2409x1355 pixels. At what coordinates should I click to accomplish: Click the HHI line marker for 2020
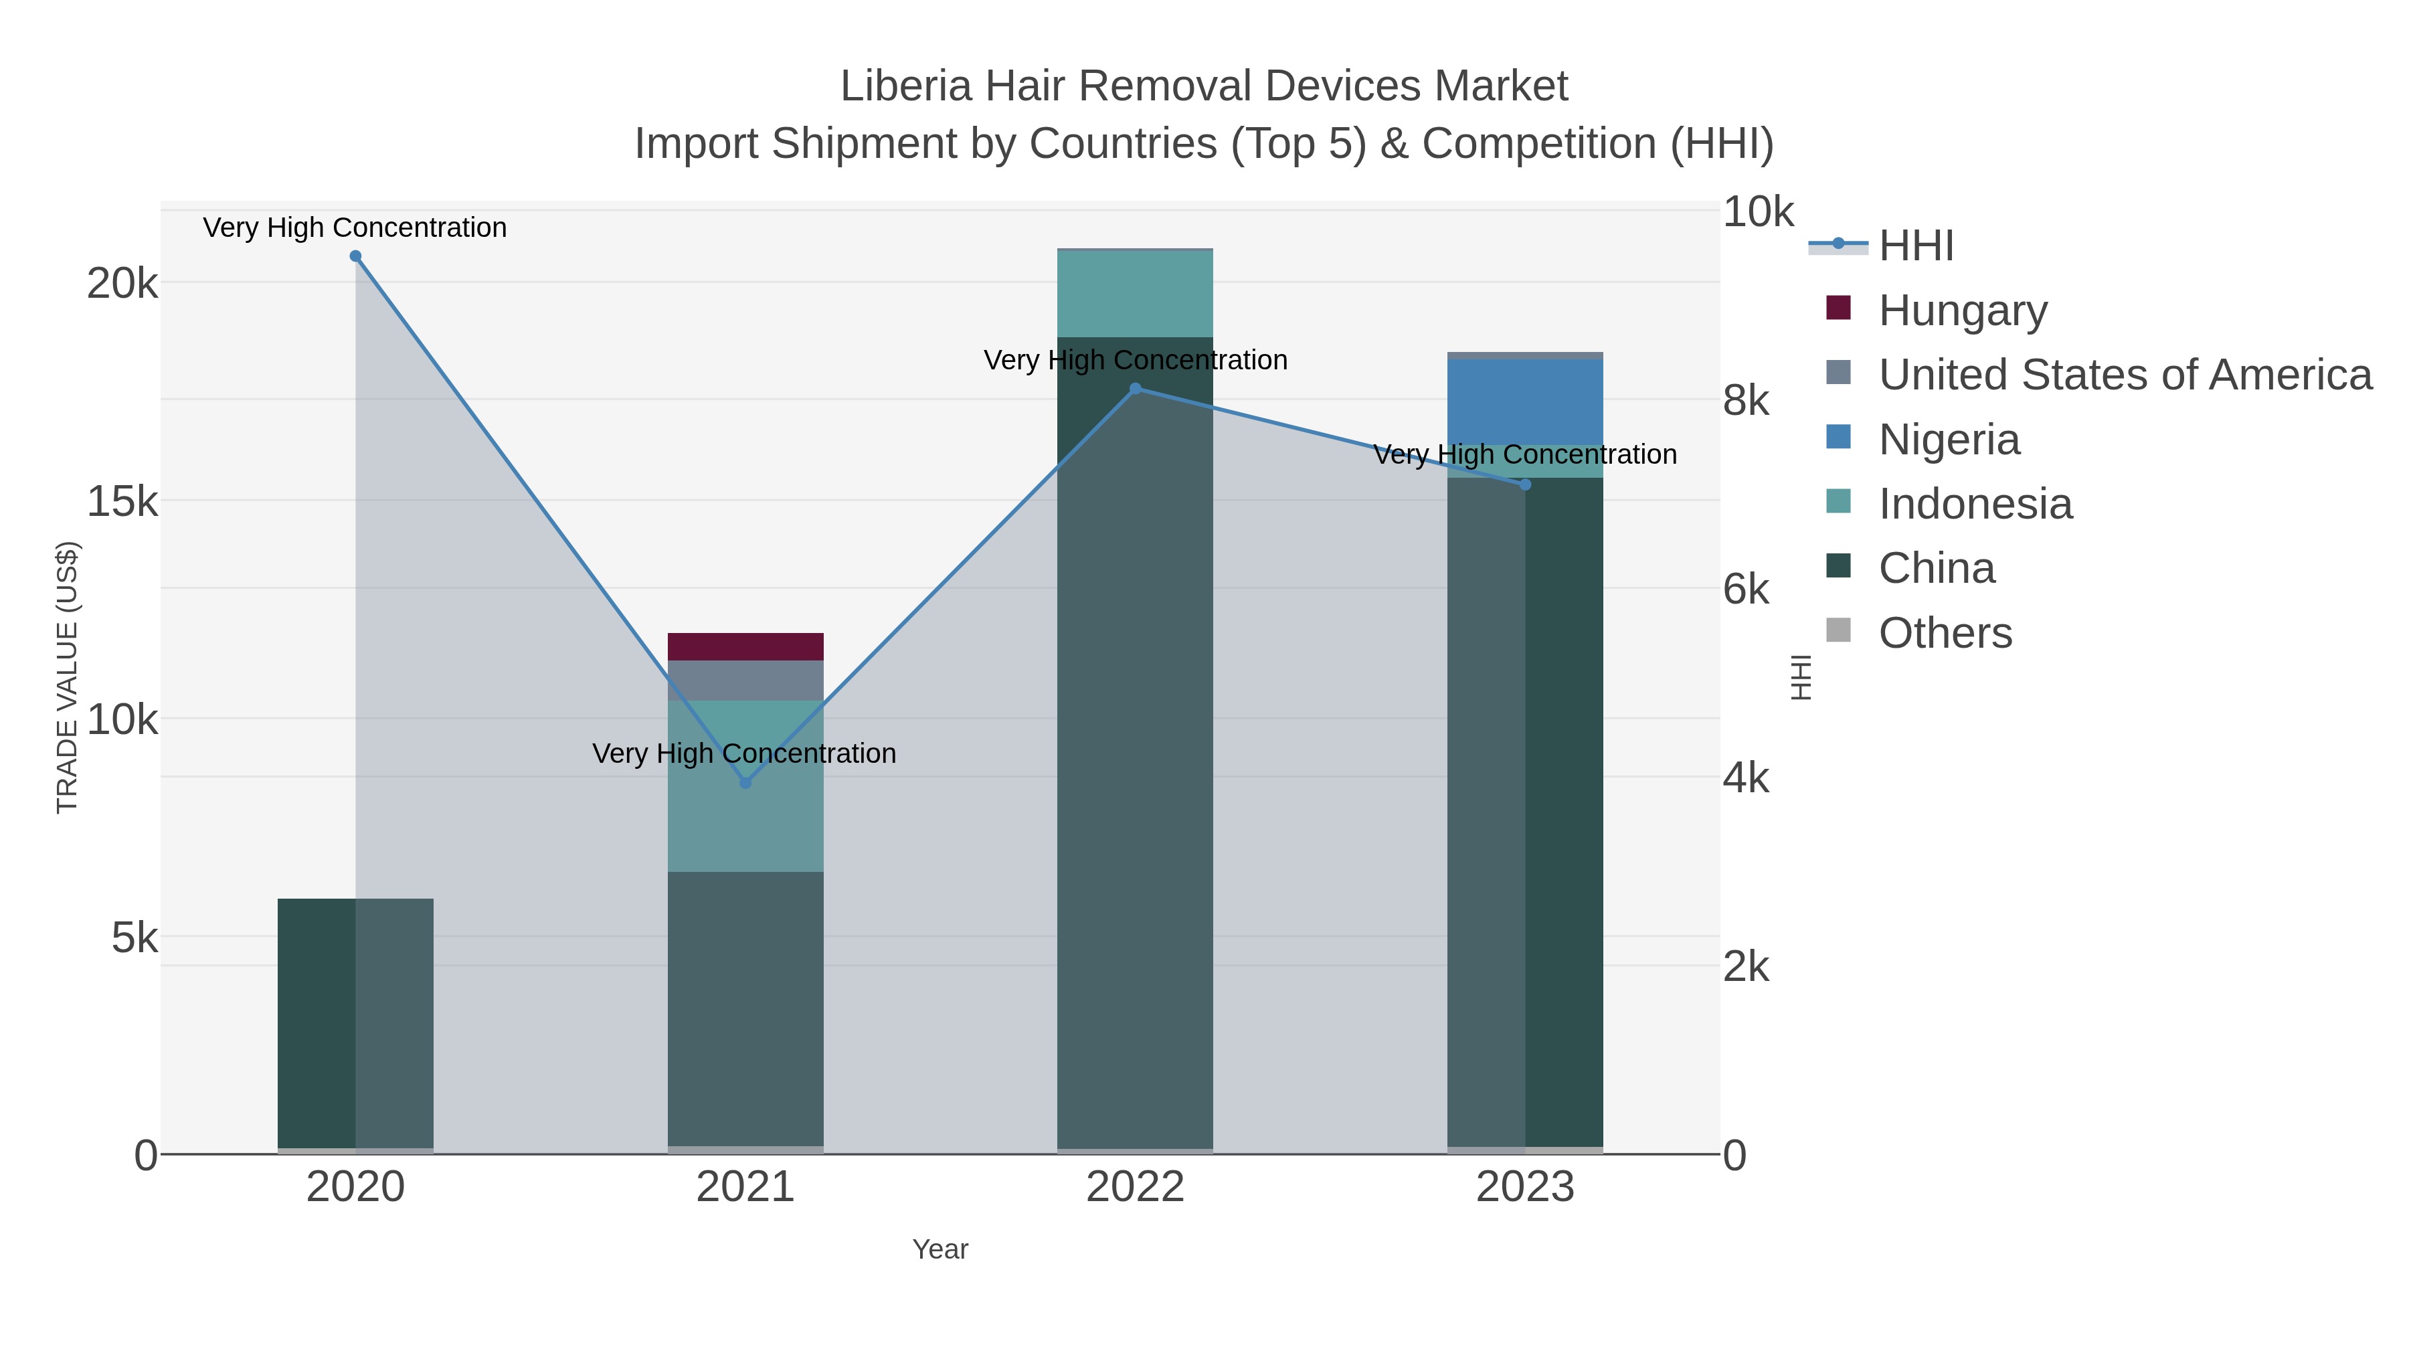[x=355, y=256]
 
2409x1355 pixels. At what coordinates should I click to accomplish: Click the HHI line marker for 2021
[x=745, y=783]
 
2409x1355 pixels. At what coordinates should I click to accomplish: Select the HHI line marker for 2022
[x=1136, y=388]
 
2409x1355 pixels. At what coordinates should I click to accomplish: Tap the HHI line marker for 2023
[x=1525, y=484]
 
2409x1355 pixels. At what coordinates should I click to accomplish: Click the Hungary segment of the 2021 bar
[x=745, y=647]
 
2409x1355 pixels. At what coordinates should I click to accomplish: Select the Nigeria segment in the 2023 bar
[x=1525, y=402]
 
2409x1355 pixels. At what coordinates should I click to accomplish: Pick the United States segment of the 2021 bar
[x=745, y=681]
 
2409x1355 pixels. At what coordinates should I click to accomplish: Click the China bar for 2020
[x=355, y=1023]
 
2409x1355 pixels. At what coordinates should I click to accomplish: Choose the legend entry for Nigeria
[x=1949, y=440]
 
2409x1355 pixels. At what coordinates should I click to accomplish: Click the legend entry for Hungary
[x=1962, y=310]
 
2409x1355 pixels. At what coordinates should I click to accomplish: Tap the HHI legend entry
[x=1915, y=246]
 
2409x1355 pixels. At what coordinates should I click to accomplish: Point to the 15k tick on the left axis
[x=122, y=502]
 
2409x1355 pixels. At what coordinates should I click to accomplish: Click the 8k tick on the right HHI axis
[x=1746, y=401]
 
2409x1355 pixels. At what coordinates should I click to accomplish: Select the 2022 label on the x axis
[x=1136, y=1188]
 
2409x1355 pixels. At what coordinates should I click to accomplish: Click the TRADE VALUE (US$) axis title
[x=68, y=677]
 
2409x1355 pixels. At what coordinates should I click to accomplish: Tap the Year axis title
[x=940, y=1249]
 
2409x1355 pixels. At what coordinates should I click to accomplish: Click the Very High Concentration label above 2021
[x=744, y=753]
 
